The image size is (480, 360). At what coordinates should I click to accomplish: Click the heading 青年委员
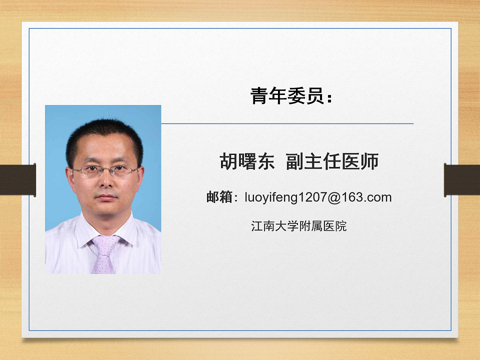[287, 96]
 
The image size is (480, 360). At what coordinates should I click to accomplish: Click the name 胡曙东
[247, 161]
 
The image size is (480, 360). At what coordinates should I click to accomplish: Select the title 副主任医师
[332, 161]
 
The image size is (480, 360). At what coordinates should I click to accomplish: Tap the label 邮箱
[219, 197]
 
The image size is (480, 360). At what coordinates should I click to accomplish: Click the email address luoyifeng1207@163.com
[318, 197]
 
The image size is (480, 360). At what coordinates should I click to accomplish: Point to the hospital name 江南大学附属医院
[299, 226]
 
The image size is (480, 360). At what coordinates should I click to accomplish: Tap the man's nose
[106, 180]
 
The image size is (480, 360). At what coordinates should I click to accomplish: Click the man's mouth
[106, 197]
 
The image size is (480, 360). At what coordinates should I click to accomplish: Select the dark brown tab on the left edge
[18, 180]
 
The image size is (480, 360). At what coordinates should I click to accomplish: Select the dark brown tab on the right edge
[462, 180]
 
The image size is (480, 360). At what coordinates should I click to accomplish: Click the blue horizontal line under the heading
[287, 123]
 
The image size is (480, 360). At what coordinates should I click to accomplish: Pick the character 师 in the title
[370, 161]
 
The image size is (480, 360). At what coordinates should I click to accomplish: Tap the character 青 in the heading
[259, 96]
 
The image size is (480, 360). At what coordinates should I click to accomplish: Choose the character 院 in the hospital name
[341, 226]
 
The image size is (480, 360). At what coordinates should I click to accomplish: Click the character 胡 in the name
[228, 161]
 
